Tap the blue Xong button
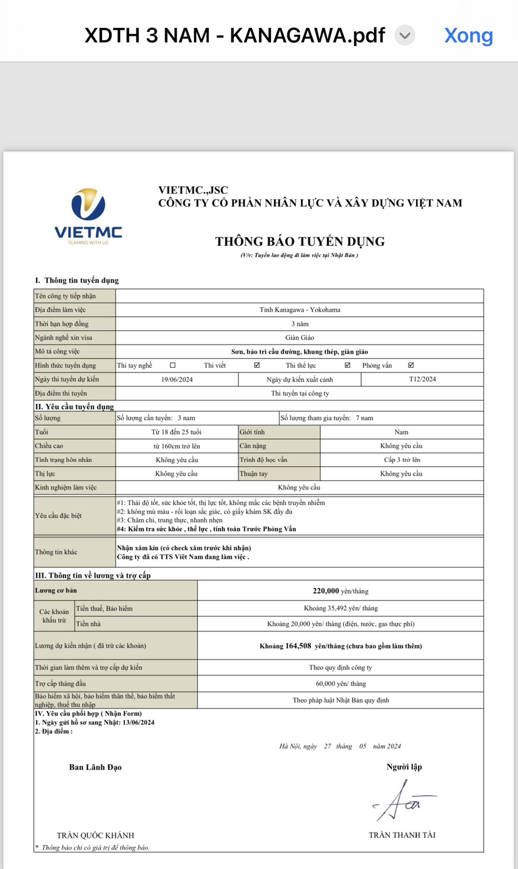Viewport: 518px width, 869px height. point(468,36)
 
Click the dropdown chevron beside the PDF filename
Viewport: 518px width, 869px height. point(404,36)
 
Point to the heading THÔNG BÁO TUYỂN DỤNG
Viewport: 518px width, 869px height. point(299,242)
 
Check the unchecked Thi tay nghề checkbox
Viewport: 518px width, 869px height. point(172,365)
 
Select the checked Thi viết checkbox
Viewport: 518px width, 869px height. point(257,365)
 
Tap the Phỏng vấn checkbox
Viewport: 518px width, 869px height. point(411,365)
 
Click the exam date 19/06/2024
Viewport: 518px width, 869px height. point(177,379)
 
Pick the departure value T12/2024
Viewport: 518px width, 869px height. point(422,379)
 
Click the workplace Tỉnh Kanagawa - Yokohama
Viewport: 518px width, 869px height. point(299,310)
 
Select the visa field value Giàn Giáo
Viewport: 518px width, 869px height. point(299,338)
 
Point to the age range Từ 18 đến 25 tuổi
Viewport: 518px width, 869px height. point(176,432)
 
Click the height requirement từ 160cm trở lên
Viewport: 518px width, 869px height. point(176,446)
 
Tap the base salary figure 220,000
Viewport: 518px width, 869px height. point(326,591)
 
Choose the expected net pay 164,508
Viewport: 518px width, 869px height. point(298,646)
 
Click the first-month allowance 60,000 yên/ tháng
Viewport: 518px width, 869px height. point(340,683)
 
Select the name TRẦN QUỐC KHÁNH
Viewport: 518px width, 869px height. point(95,835)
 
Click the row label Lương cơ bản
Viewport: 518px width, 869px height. point(56,591)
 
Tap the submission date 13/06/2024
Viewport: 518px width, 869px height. point(138,722)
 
